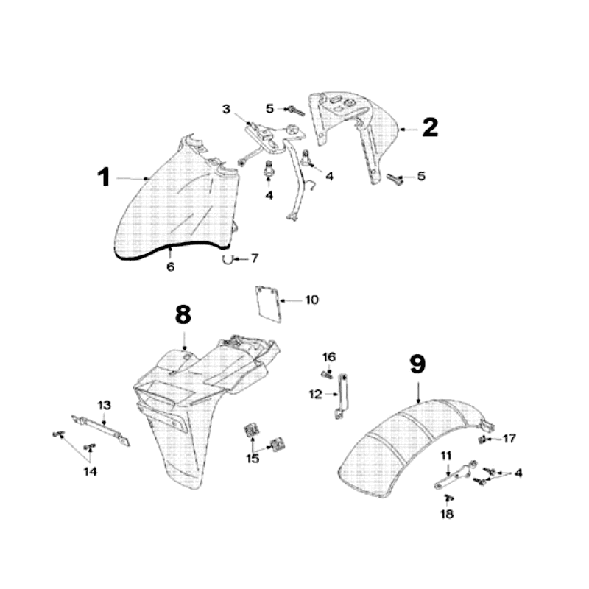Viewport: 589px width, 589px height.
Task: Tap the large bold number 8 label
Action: point(183,314)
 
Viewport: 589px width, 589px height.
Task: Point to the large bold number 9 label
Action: point(417,364)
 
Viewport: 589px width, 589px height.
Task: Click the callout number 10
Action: point(312,300)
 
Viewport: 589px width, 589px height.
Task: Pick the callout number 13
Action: point(104,405)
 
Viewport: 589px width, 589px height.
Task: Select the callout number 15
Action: point(253,459)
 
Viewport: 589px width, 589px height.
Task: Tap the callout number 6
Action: point(170,267)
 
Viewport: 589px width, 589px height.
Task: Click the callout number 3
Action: point(227,110)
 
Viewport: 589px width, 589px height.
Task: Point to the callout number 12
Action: point(315,395)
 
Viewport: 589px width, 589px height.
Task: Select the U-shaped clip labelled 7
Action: point(229,258)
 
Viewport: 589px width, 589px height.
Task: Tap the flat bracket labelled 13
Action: point(102,431)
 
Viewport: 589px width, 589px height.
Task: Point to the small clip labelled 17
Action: point(482,440)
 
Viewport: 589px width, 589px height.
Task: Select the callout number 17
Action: point(509,439)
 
